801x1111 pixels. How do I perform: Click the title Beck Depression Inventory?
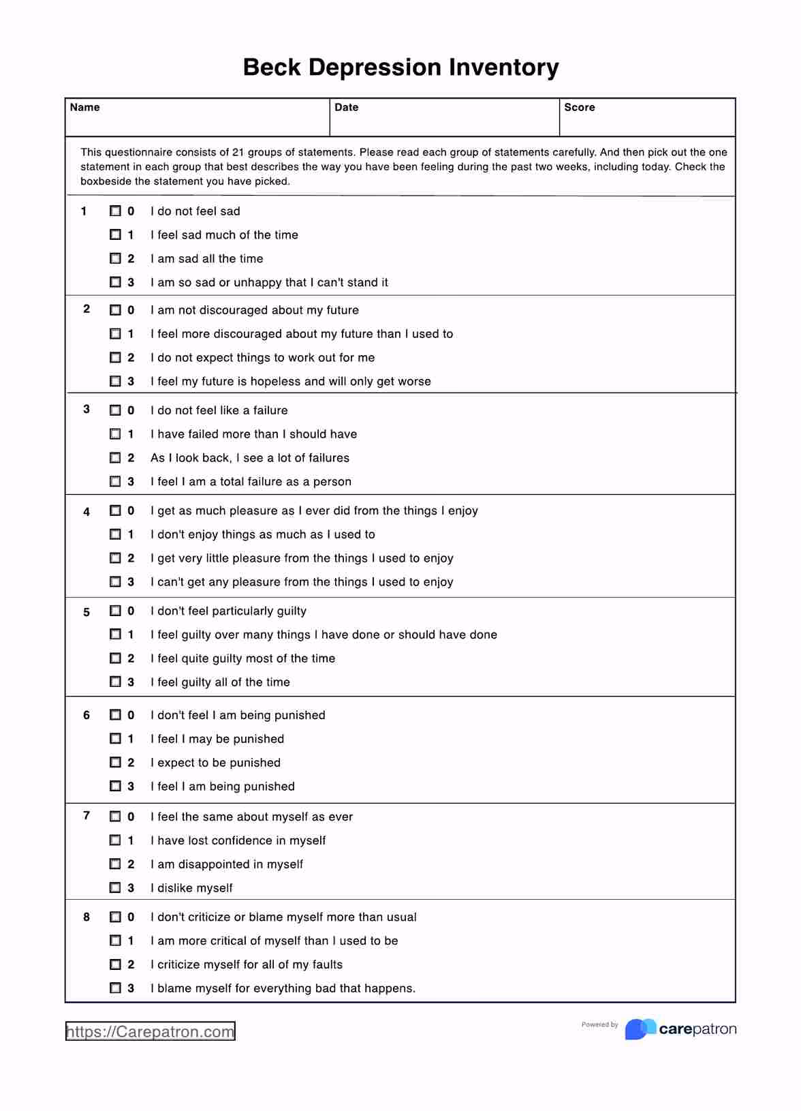pos(400,67)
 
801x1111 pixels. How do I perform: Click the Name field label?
pos(84,108)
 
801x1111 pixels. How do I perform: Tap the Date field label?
pos(346,108)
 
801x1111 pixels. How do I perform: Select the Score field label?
pos(579,108)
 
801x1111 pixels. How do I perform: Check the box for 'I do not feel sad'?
pos(116,211)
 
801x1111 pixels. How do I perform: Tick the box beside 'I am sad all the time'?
pos(116,258)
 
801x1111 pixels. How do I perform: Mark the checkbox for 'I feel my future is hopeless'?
pos(116,381)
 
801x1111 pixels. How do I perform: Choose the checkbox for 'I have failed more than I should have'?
pos(116,434)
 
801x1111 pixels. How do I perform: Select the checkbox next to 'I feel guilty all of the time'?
pos(116,682)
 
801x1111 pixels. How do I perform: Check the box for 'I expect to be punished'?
pos(116,762)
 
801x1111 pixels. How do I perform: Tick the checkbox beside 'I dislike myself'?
pos(116,887)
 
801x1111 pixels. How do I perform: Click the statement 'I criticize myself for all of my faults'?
pos(246,964)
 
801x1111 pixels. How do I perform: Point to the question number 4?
pos(87,512)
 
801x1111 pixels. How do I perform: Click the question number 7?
pos(87,815)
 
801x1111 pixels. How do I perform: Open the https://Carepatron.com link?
pos(150,1031)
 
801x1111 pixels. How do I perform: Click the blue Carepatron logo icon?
pos(640,1029)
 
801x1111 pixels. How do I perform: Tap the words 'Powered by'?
pos(599,1024)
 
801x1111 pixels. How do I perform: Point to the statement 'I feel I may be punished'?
pos(217,739)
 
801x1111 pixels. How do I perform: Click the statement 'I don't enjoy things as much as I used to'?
pos(262,534)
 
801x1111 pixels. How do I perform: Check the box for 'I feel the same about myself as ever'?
pos(116,817)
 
